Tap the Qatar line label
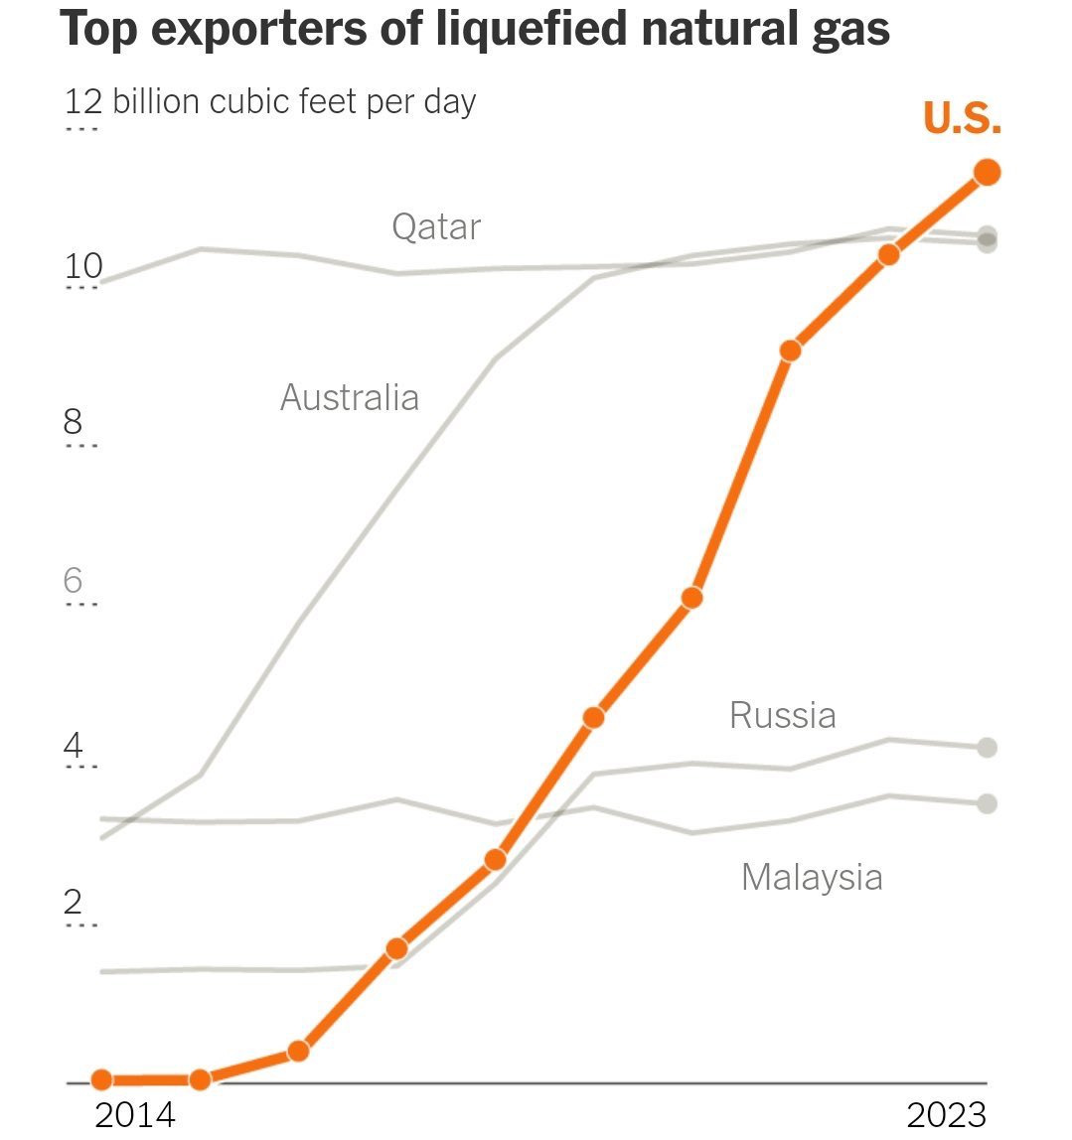(436, 227)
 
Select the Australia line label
(350, 397)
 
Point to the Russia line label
(782, 715)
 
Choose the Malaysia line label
(812, 877)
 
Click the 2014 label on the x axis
(133, 1114)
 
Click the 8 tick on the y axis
(73, 423)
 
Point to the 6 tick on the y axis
(73, 581)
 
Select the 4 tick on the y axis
(73, 745)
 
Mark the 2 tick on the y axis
(73, 903)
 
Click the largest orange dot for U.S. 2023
(987, 172)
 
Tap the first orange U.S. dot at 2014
(101, 1079)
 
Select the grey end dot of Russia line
(987, 747)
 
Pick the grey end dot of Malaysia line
(987, 803)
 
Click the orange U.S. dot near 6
(692, 597)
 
